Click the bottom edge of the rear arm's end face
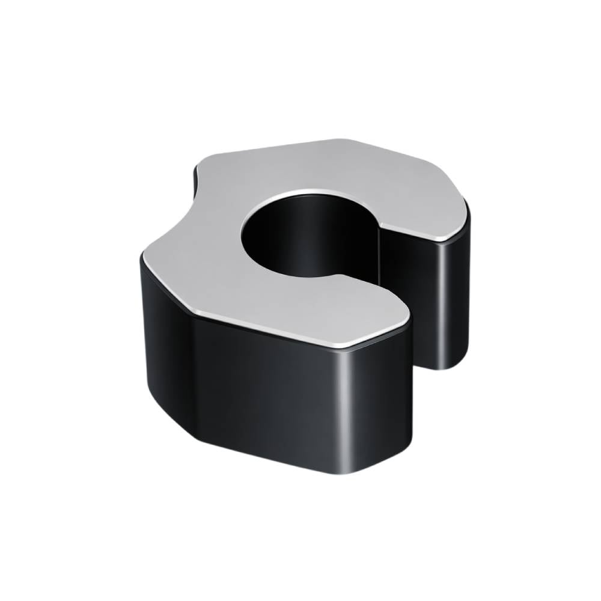pos(445,364)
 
